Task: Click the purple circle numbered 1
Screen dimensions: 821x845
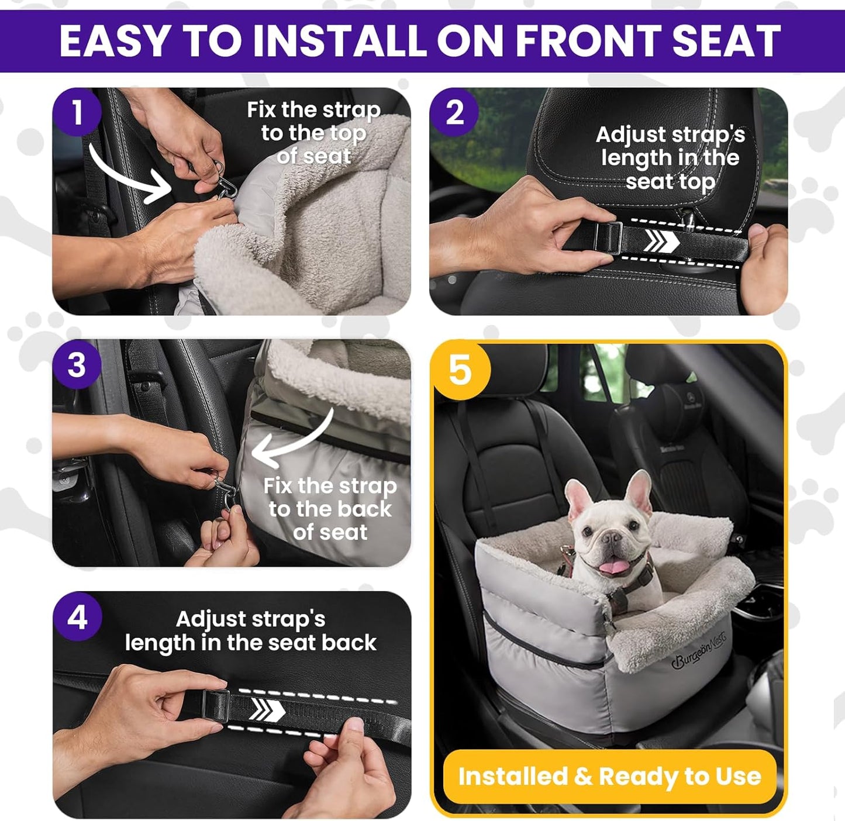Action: pyautogui.click(x=77, y=112)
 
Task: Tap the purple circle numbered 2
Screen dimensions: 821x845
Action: pyautogui.click(x=454, y=112)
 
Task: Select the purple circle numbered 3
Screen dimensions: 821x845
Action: pyautogui.click(x=77, y=365)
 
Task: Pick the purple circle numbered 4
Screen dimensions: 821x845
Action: pyautogui.click(x=77, y=617)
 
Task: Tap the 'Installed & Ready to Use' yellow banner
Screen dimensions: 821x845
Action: pyautogui.click(x=609, y=777)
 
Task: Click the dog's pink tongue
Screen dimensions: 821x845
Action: pyautogui.click(x=612, y=566)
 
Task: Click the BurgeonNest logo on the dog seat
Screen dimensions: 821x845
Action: pyautogui.click(x=698, y=650)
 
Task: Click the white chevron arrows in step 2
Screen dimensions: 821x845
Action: pyautogui.click(x=661, y=240)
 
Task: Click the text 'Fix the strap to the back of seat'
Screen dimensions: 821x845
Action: pyautogui.click(x=330, y=509)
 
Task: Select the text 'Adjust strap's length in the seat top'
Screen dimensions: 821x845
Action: pyautogui.click(x=670, y=158)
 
